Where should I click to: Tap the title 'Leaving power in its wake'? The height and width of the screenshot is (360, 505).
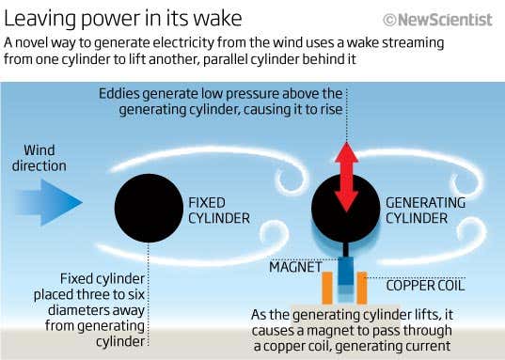(x=123, y=18)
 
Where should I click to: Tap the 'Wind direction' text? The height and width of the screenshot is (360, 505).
(x=45, y=158)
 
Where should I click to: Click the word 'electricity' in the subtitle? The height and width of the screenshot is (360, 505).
(x=227, y=44)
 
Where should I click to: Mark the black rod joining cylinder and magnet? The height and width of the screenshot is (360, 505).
(x=346, y=251)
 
